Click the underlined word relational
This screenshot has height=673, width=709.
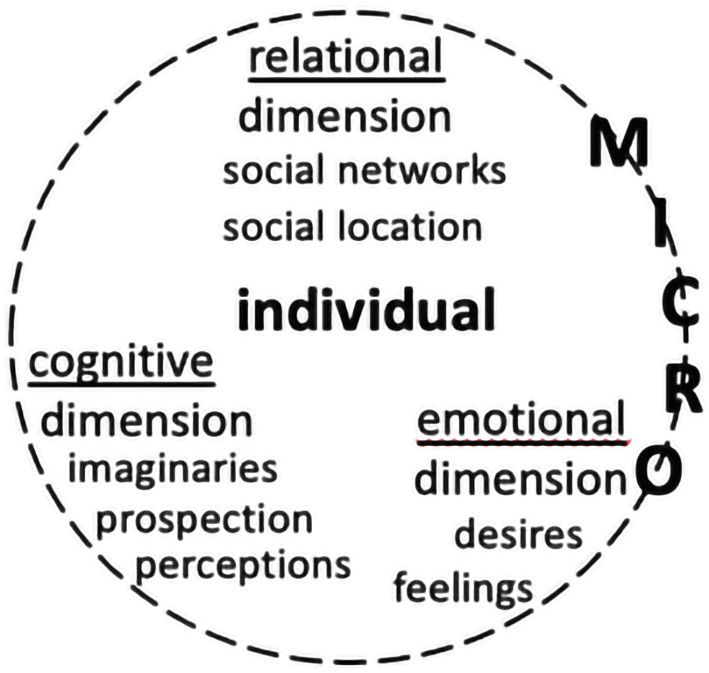(x=346, y=57)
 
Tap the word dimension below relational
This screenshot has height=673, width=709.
(x=345, y=116)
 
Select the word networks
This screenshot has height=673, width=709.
(x=422, y=170)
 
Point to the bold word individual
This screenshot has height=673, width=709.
(x=367, y=309)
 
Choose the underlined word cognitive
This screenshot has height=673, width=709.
(x=121, y=364)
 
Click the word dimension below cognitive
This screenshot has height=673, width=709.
(x=147, y=421)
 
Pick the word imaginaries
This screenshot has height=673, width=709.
(x=172, y=469)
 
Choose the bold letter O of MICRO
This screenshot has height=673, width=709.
(x=659, y=469)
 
